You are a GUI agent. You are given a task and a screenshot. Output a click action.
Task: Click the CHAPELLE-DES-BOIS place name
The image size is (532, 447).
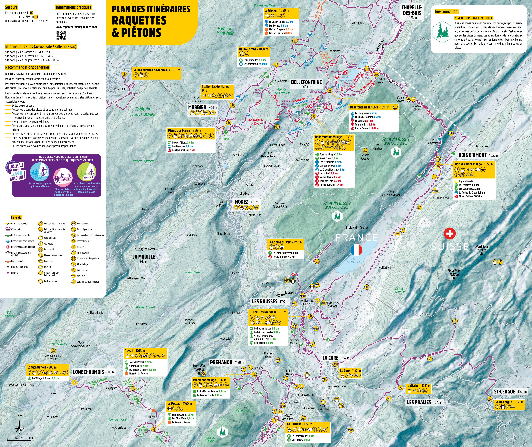412,10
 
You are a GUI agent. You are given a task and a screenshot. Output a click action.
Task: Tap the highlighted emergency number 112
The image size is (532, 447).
31,13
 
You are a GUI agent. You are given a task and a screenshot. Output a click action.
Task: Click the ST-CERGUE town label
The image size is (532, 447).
505,392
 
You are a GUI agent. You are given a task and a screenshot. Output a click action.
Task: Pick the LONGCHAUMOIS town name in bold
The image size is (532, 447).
88,372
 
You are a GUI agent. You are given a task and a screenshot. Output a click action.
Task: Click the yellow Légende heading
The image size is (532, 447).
16,217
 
